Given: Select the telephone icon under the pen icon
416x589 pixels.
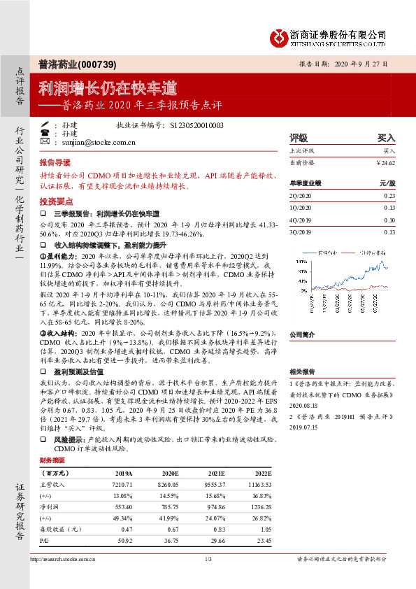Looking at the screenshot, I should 45,133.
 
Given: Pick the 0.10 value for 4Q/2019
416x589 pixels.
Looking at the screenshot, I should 389,220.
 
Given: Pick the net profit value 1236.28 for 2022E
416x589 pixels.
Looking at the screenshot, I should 259,506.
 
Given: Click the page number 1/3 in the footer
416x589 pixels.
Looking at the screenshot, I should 208,559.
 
